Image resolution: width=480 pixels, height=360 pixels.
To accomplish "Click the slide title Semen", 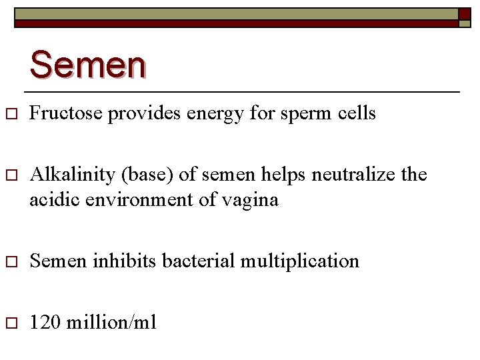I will point(87,65).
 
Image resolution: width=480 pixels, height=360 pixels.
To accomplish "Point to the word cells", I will point(357,114).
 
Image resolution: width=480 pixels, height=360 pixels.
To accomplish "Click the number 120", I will point(45,323).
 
